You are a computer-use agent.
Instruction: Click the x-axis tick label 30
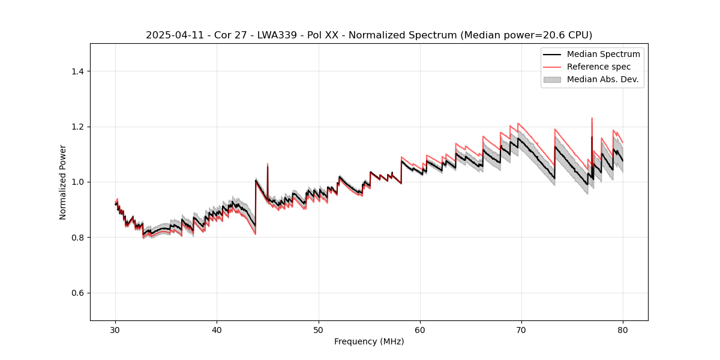pyautogui.click(x=115, y=329)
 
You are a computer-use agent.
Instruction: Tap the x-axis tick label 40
pyautogui.click(x=217, y=329)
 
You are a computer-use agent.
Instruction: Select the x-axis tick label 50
pyautogui.click(x=318, y=329)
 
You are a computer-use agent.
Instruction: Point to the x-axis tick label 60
pyautogui.click(x=420, y=329)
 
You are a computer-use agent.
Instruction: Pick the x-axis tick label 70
pyautogui.click(x=521, y=329)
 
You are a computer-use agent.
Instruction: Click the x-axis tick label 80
pyautogui.click(x=623, y=329)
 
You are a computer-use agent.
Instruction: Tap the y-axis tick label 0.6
pyautogui.click(x=77, y=293)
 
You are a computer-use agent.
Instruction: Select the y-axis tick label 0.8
pyautogui.click(x=77, y=238)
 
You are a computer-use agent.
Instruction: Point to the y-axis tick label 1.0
pyautogui.click(x=77, y=182)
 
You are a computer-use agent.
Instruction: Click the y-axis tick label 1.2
pyautogui.click(x=77, y=127)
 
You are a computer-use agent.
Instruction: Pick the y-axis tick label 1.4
pyautogui.click(x=77, y=71)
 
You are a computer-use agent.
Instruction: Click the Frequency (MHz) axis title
pyautogui.click(x=369, y=341)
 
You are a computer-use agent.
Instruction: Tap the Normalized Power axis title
pyautogui.click(x=63, y=182)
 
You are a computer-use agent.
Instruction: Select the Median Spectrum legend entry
pyautogui.click(x=603, y=54)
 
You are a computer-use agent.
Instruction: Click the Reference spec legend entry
pyautogui.click(x=598, y=67)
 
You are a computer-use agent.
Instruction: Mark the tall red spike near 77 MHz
pyautogui.click(x=592, y=119)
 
